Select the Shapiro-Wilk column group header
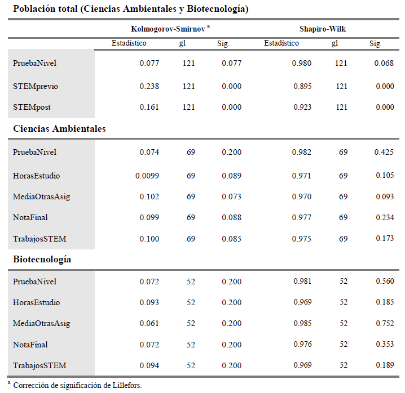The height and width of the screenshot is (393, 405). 323,29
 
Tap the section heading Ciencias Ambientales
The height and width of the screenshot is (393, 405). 59,129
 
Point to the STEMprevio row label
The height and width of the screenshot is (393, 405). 36,86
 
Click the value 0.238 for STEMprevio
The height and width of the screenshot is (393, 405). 149,86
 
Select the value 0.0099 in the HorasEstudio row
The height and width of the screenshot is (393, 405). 147,176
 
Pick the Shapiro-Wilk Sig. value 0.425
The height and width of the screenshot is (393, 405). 384,152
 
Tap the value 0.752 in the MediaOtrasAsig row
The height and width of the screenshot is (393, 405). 384,324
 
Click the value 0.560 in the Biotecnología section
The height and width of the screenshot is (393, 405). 384,282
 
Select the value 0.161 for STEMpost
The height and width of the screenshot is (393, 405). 149,107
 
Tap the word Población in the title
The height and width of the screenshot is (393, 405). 34,9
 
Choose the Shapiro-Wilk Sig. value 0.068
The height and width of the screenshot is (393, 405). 384,63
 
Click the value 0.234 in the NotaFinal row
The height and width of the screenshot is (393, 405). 384,217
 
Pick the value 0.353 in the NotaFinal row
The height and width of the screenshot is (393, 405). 384,345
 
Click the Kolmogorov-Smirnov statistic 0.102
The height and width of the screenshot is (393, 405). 149,196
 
